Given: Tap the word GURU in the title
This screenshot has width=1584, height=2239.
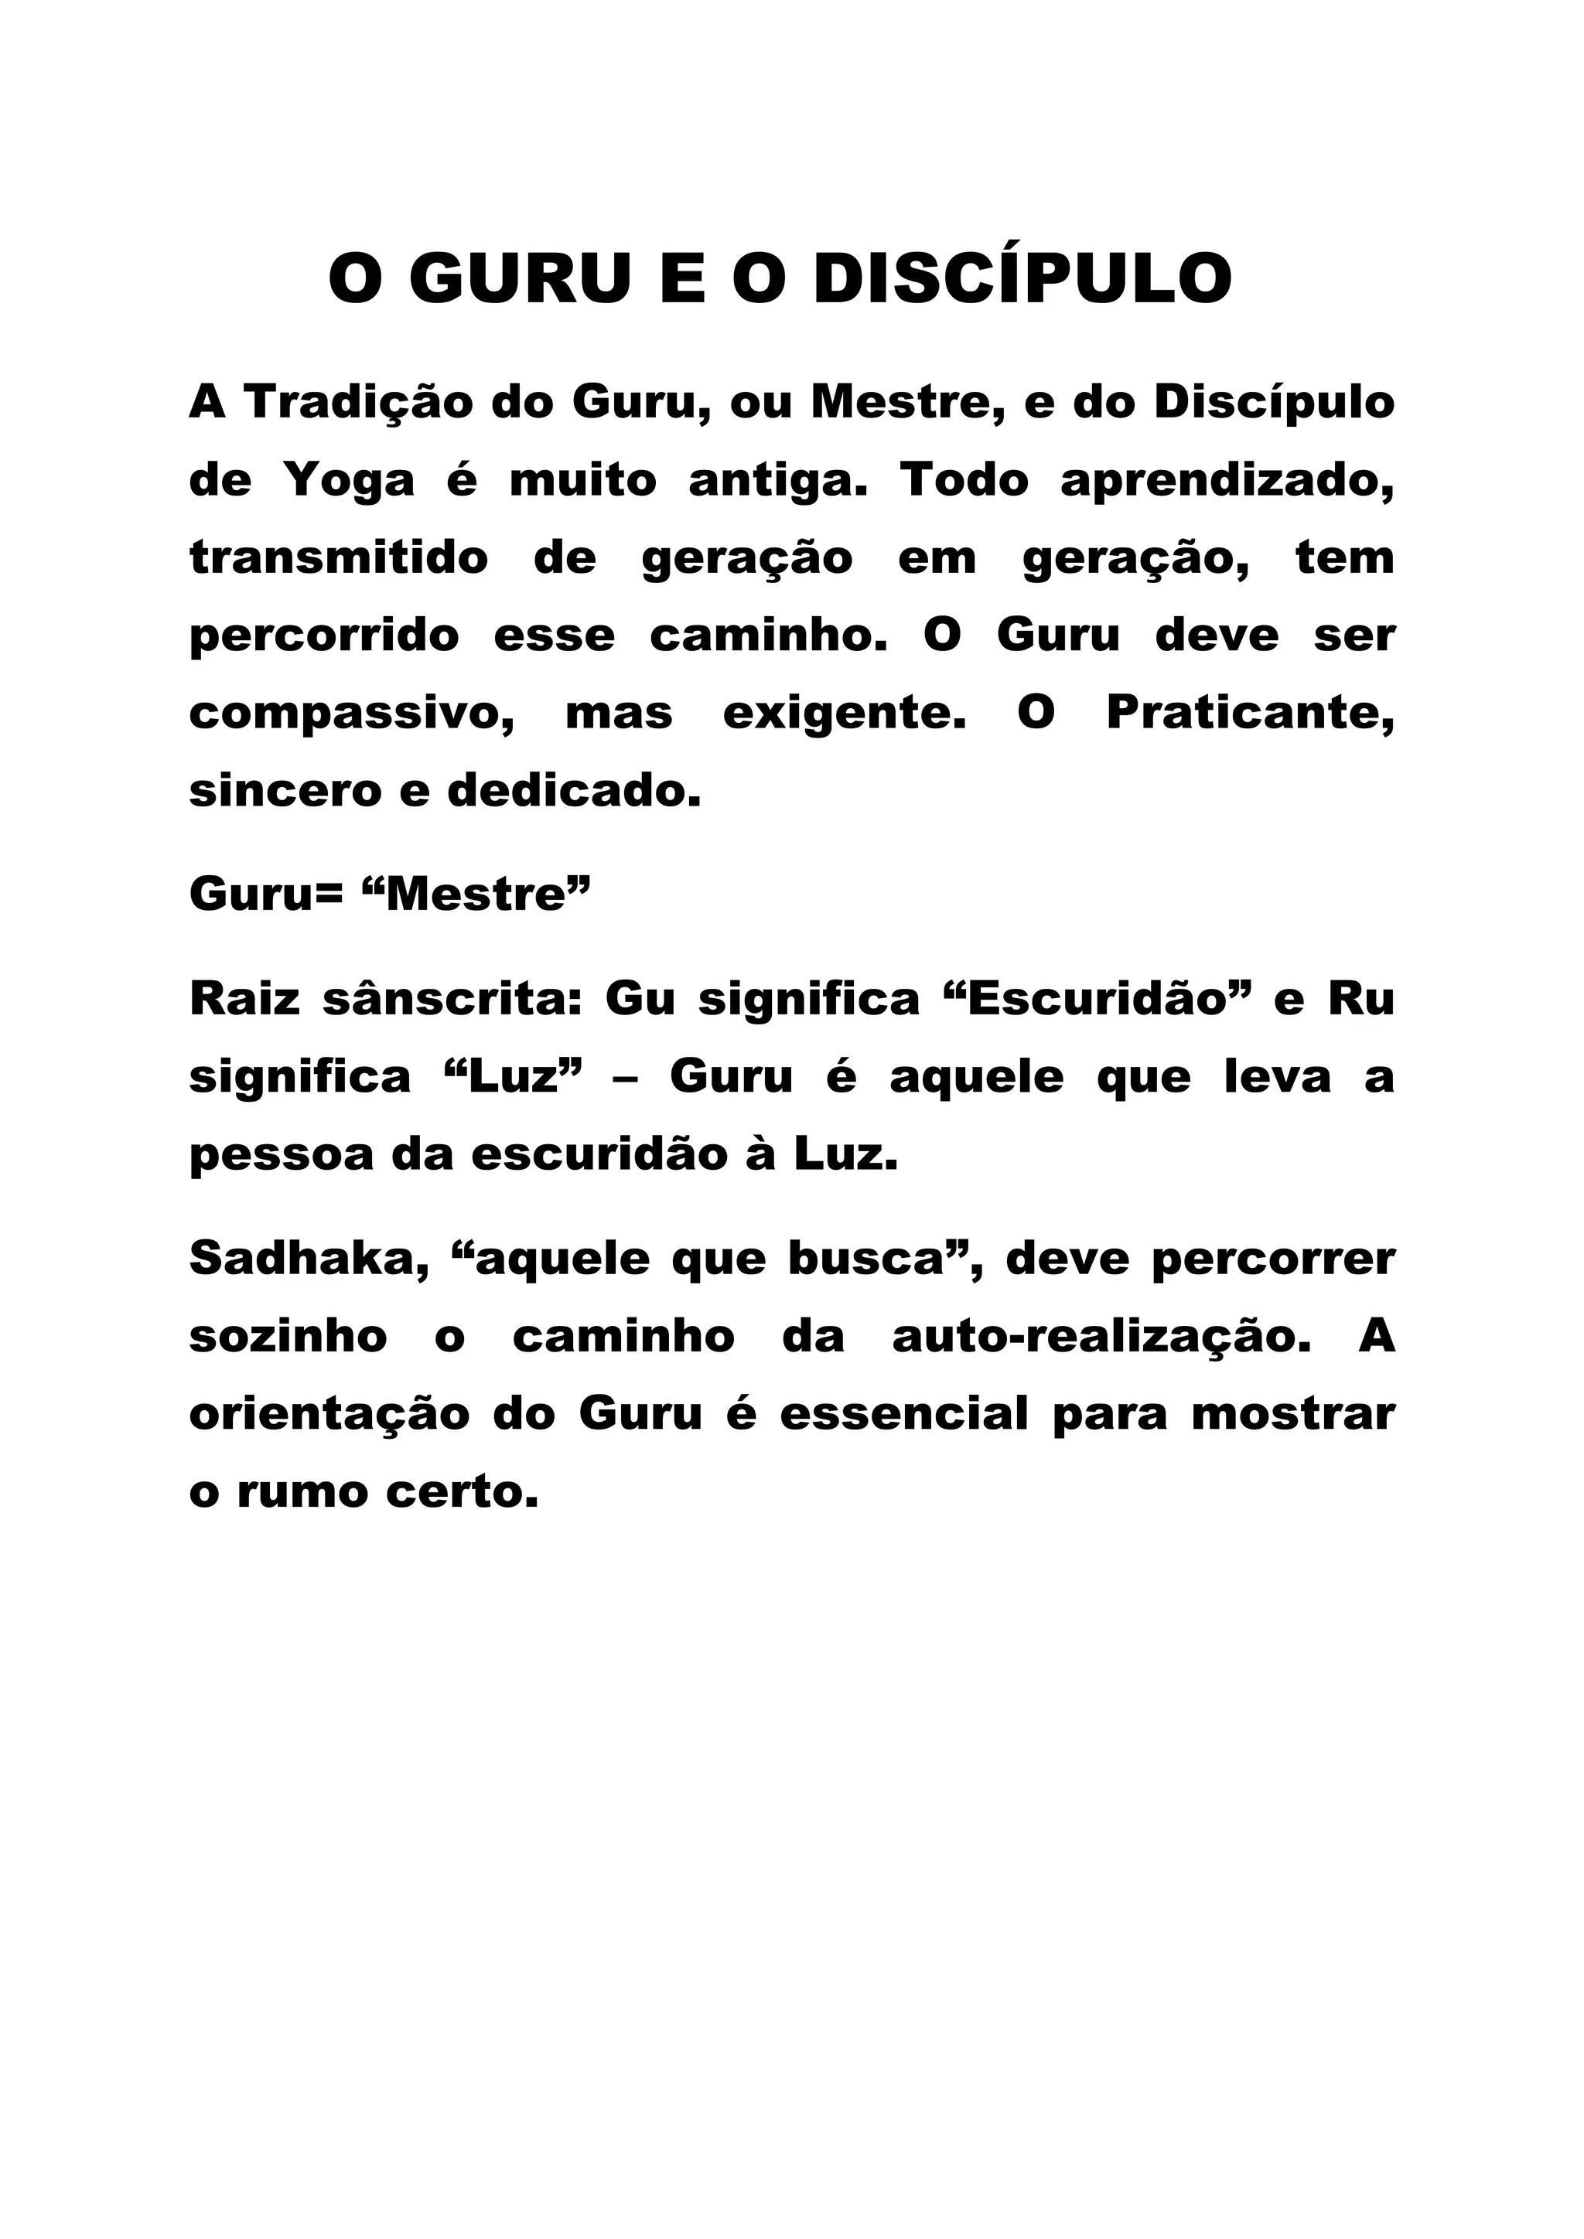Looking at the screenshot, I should click(520, 279).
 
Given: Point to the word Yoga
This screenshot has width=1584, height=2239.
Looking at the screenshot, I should click(349, 482).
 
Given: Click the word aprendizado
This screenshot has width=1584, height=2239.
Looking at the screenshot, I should click(1227, 482).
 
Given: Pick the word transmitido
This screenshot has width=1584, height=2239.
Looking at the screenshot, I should click(339, 559).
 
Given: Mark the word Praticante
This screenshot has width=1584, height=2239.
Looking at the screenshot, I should click(1249, 715).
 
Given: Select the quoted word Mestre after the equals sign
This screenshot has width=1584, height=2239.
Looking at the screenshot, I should click(477, 895).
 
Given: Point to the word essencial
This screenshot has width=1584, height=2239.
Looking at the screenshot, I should click(904, 1415).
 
